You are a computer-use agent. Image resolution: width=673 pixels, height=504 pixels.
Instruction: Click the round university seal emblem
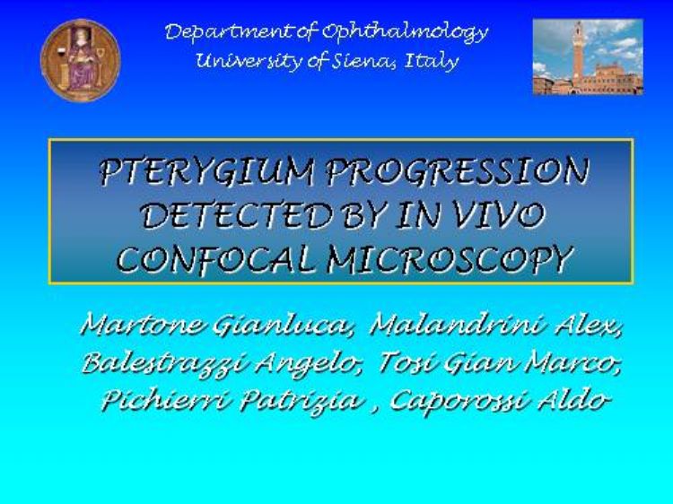point(80,60)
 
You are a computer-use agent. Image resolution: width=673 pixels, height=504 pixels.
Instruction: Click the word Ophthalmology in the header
point(405,32)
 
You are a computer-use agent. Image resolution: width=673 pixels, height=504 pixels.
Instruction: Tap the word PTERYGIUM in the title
point(207,172)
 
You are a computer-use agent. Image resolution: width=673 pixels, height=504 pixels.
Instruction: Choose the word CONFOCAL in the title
point(219,259)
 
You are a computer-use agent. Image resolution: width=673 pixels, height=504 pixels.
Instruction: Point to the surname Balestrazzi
point(164,363)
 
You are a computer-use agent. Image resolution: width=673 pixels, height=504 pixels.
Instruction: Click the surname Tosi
point(406,362)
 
